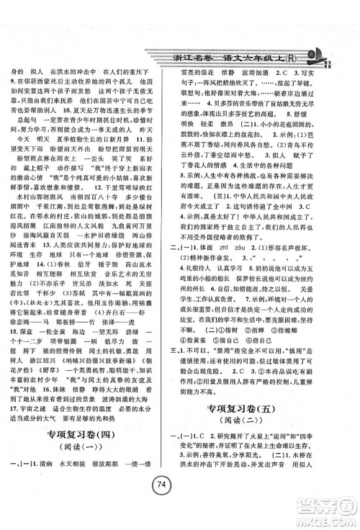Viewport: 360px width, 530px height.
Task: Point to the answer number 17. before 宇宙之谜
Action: point(10,409)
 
